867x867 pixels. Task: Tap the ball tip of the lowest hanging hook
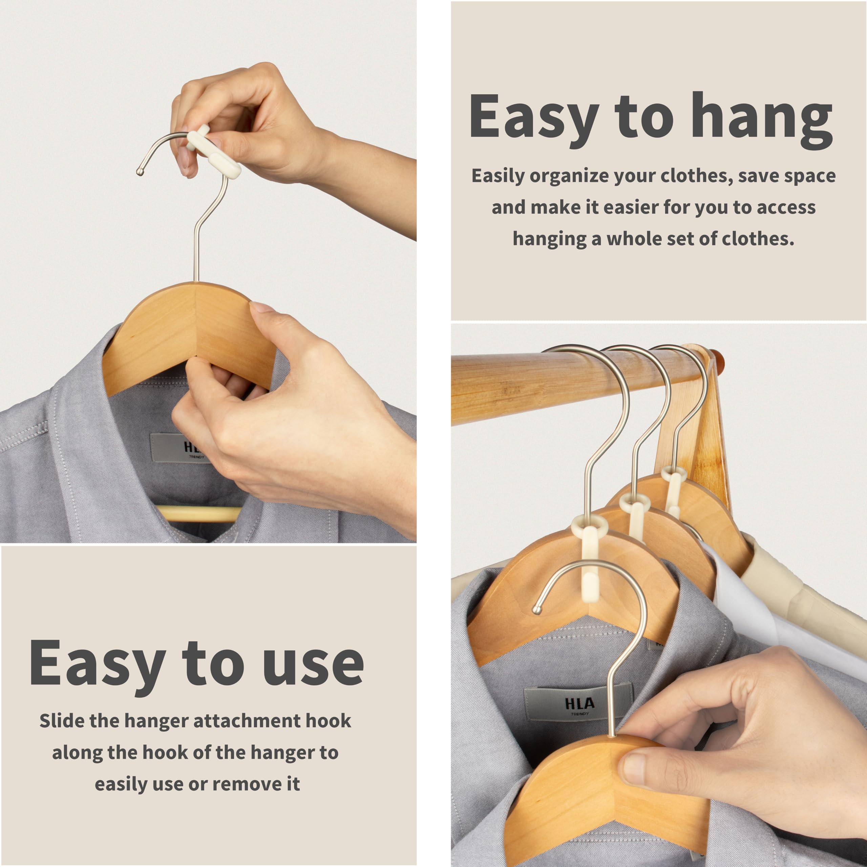pyautogui.click(x=536, y=609)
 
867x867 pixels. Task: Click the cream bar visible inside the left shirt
pyautogui.click(x=197, y=513)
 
